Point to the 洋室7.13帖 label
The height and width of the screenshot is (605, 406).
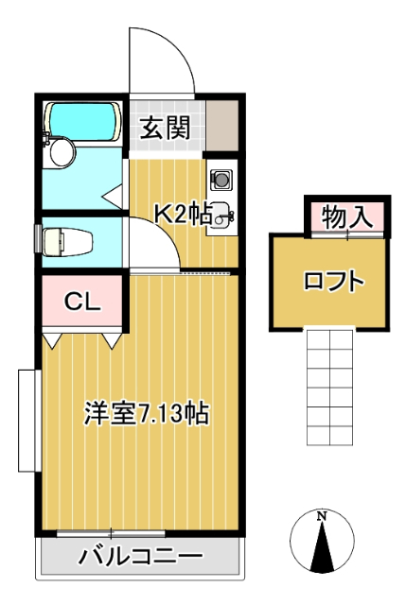pyautogui.click(x=146, y=413)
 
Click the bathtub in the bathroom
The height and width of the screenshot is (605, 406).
pyautogui.click(x=82, y=120)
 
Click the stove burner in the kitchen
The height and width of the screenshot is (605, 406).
pyautogui.click(x=221, y=178)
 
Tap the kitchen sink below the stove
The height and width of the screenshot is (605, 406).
pyautogui.click(x=221, y=216)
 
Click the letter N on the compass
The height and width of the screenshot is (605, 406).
pyautogui.click(x=322, y=516)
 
